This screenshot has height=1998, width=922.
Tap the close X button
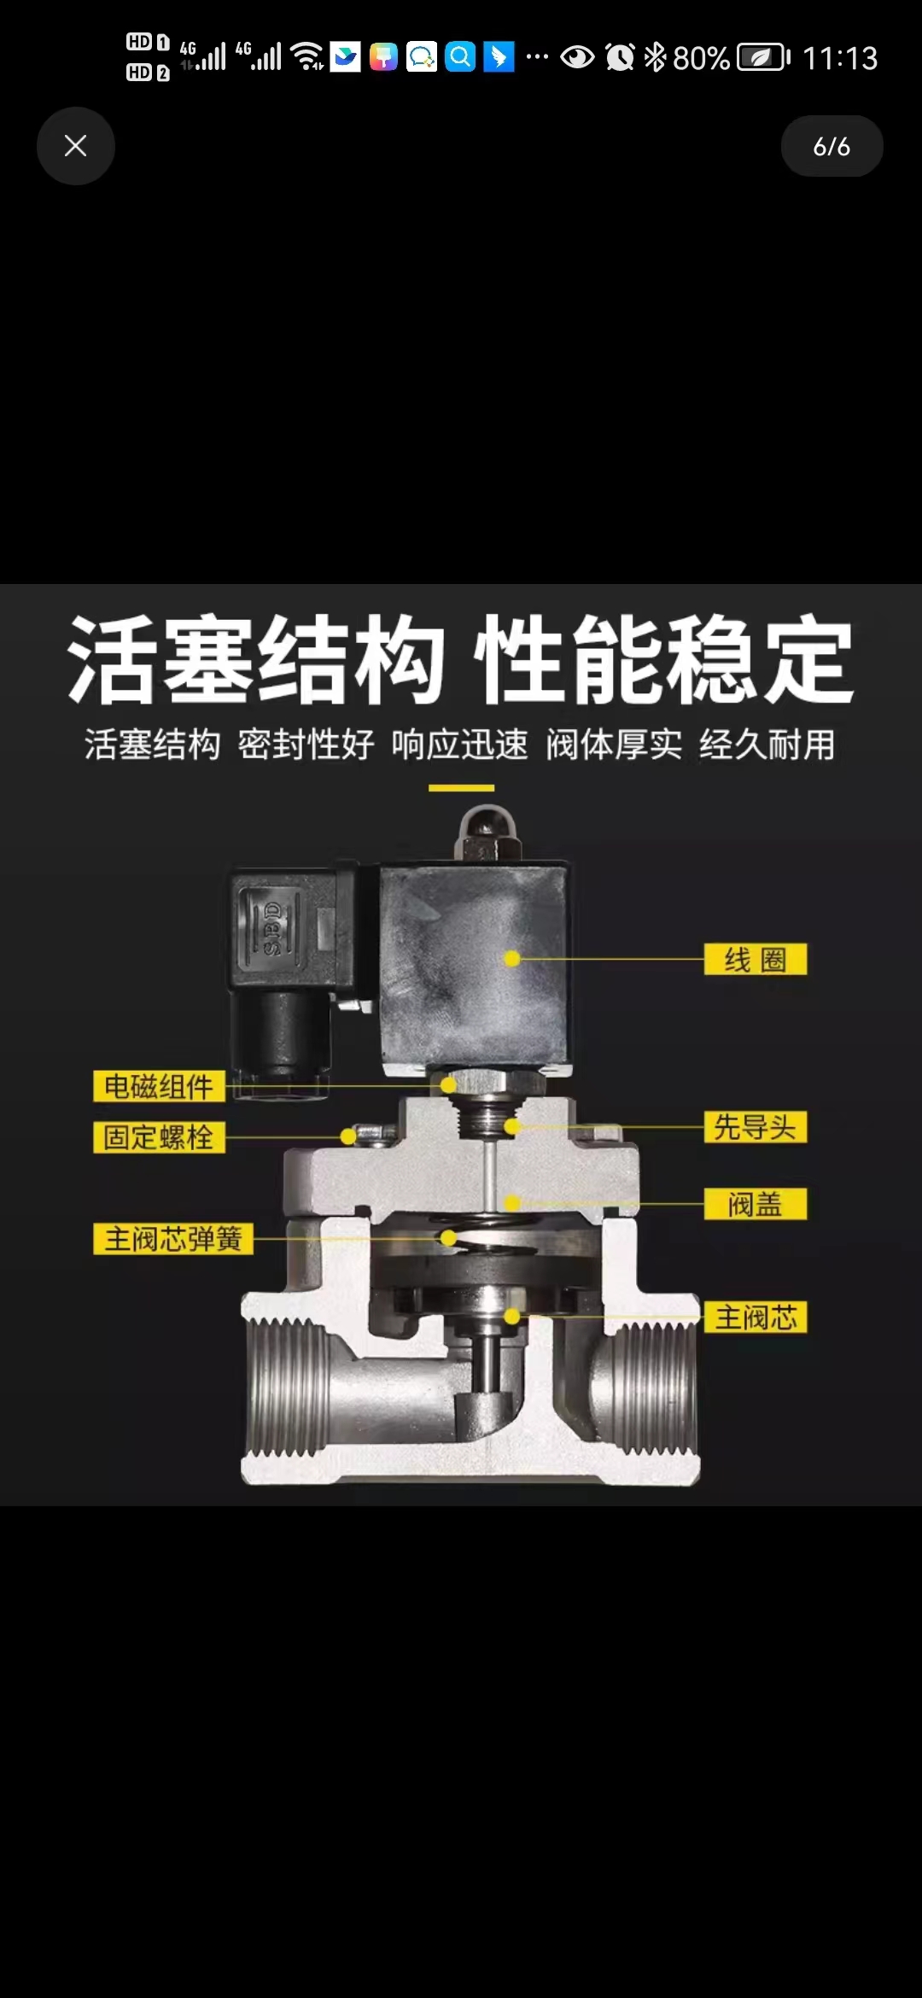76,146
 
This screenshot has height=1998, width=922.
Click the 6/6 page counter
832,146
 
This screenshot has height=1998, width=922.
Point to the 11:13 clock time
840,58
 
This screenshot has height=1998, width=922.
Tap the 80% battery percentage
701,58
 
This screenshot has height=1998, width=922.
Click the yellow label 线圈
756,960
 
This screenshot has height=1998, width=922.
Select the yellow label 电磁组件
159,1086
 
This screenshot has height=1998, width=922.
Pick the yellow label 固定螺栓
159,1137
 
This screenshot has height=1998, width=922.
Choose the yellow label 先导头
756,1127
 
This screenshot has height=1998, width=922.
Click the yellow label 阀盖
756,1204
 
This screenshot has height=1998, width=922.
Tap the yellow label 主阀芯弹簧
173,1239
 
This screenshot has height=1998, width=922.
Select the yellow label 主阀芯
756,1317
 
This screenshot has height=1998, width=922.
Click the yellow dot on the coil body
512,959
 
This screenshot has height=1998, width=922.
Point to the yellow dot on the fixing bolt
347,1136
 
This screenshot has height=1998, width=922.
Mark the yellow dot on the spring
448,1238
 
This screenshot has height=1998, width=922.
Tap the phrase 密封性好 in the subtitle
306,745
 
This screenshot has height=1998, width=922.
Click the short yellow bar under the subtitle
461,788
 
